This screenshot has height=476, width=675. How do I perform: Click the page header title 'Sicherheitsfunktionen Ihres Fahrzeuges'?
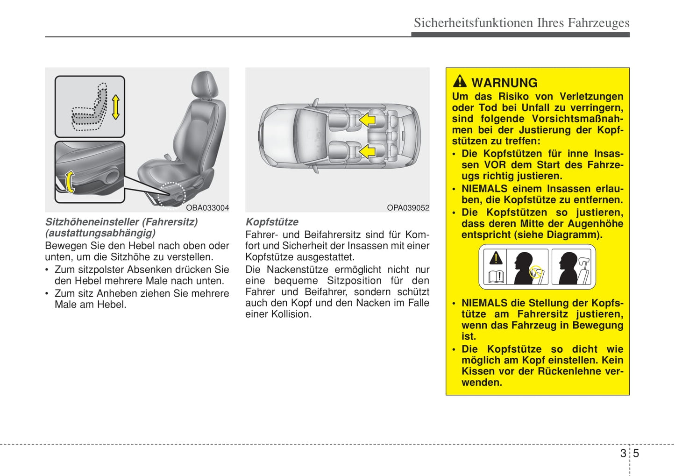click(x=521, y=23)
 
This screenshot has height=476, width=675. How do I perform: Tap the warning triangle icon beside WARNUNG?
click(x=460, y=82)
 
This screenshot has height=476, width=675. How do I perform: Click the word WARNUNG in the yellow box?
click(x=504, y=83)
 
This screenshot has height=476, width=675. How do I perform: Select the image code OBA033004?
click(x=207, y=208)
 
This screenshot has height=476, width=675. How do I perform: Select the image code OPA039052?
click(x=408, y=208)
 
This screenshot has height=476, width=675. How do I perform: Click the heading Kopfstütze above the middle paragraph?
click(x=272, y=222)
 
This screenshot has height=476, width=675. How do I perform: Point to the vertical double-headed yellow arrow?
click(x=115, y=107)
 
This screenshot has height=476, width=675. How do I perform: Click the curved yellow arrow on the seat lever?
click(x=70, y=182)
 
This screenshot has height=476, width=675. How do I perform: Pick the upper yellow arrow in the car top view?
click(x=367, y=120)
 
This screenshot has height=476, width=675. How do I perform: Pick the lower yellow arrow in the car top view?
click(x=367, y=151)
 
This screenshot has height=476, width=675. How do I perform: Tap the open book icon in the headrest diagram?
click(x=496, y=277)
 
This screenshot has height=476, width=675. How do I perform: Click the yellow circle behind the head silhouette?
click(x=536, y=271)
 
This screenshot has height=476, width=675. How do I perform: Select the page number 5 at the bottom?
click(x=636, y=453)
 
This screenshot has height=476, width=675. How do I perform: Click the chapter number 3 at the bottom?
click(x=623, y=453)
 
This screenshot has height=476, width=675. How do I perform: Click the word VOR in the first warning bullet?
click(x=495, y=165)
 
